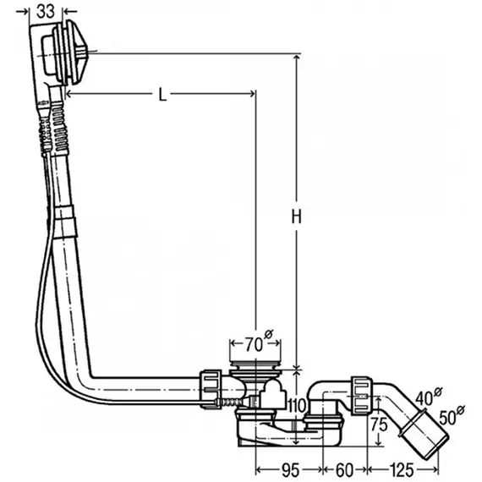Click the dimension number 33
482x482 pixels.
46,12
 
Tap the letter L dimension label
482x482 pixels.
162,95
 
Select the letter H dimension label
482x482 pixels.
296,216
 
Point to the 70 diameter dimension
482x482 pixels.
259,342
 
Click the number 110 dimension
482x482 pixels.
296,405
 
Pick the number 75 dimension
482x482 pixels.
379,424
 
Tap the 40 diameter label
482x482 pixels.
429,397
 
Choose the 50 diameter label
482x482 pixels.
452,415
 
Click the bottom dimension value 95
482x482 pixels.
290,470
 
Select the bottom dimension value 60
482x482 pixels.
344,470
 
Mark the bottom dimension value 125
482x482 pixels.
402,470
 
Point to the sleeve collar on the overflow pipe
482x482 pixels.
65,222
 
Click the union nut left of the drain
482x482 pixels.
211,389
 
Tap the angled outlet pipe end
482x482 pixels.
424,434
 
